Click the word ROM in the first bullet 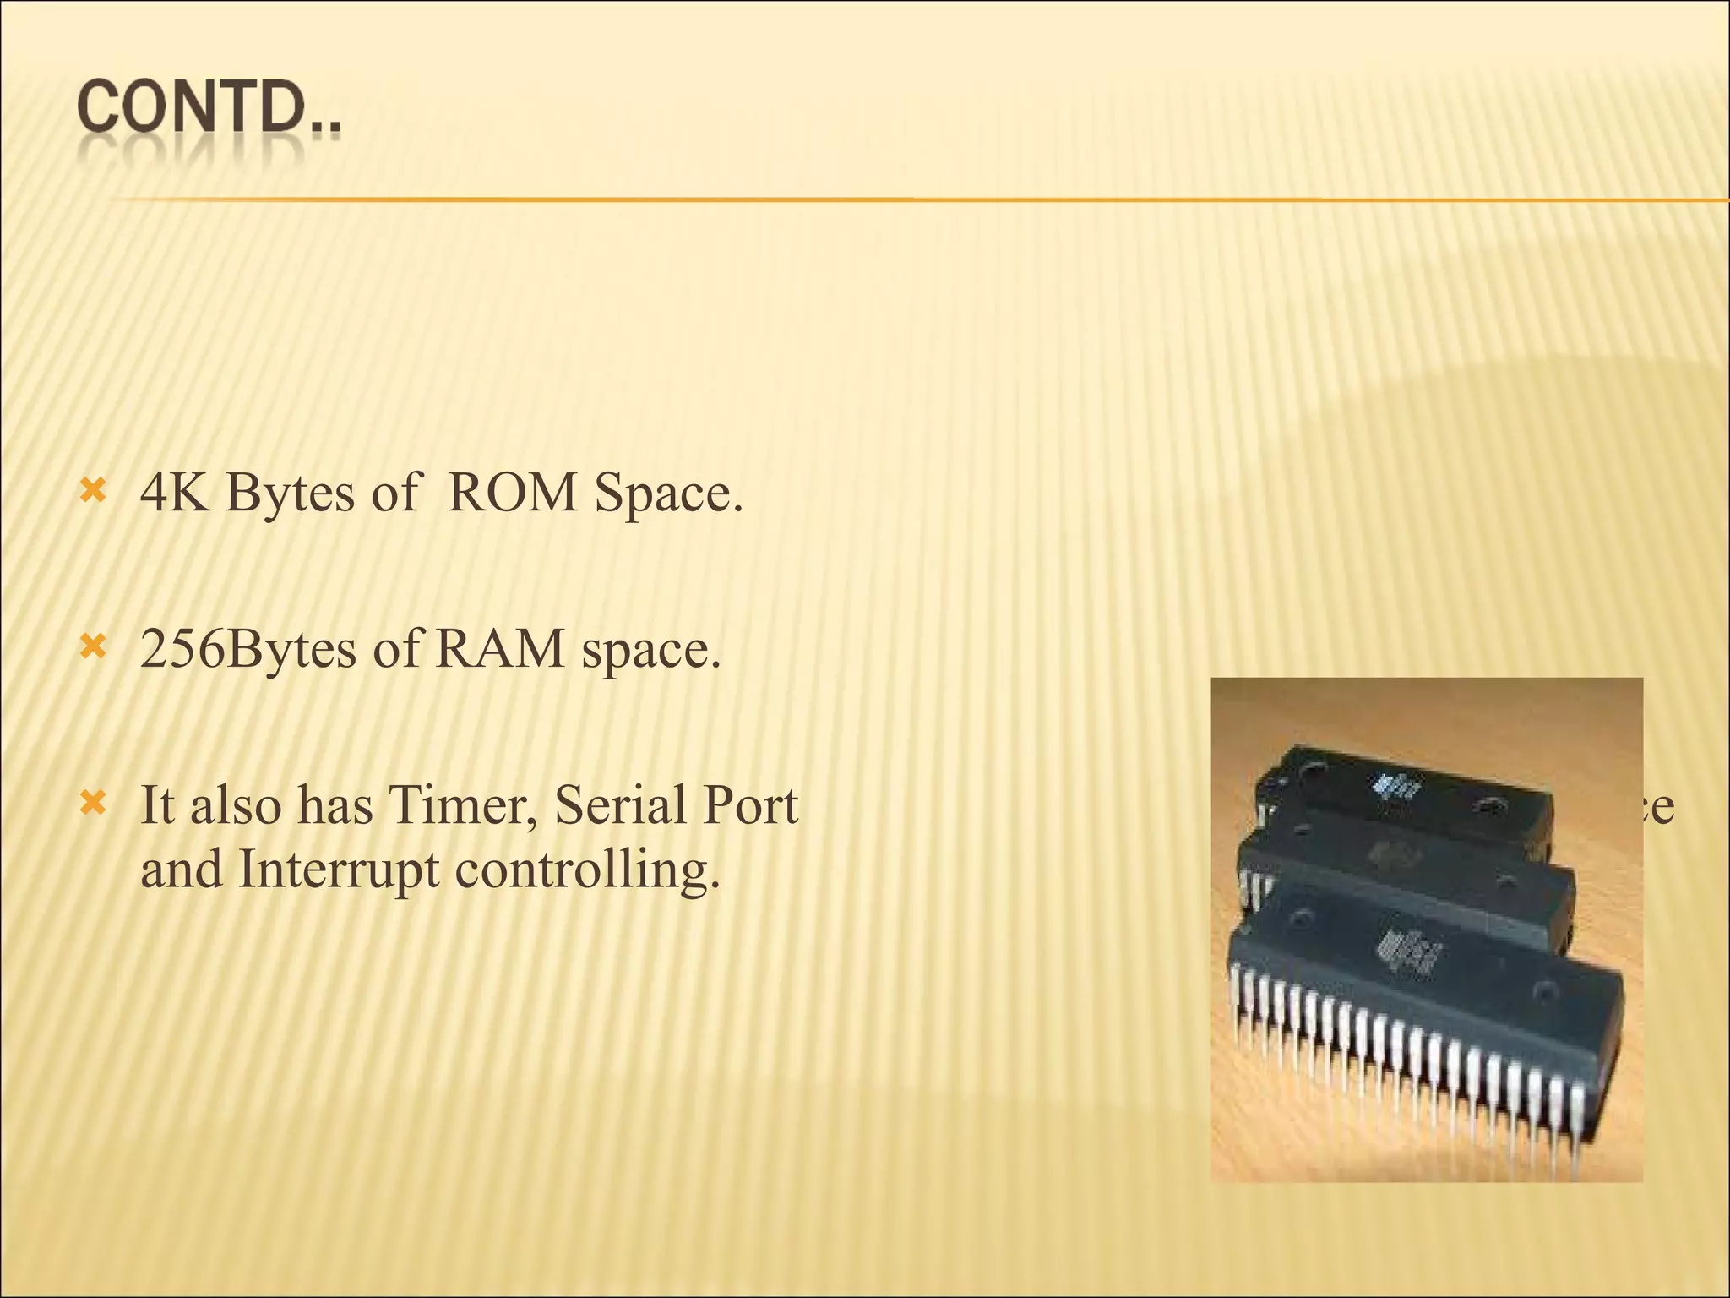click(512, 493)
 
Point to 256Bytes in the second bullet click(248, 651)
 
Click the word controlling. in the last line click(587, 871)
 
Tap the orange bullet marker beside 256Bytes click(92, 648)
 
